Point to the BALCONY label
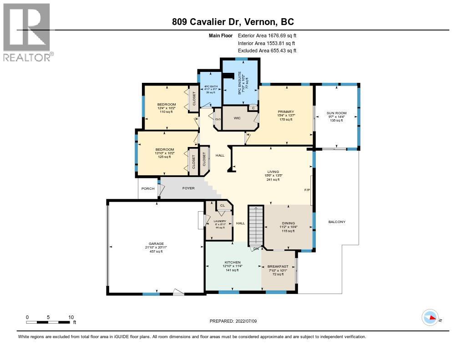click(x=337, y=222)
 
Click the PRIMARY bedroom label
click(x=286, y=112)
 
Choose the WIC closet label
click(x=237, y=118)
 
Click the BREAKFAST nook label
click(x=278, y=266)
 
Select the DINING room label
click(x=289, y=223)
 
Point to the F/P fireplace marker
click(x=307, y=190)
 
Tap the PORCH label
click(x=148, y=188)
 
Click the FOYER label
click(x=188, y=188)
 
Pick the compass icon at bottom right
click(x=430, y=318)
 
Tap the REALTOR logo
click(x=28, y=32)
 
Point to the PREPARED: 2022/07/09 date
click(x=233, y=321)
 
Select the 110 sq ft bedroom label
click(x=166, y=112)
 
